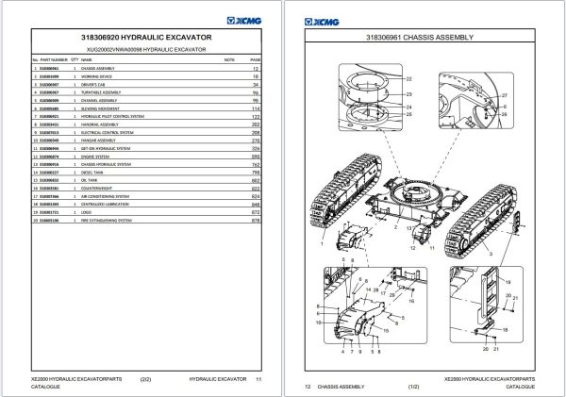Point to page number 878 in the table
click(x=254, y=221)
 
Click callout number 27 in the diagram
click(x=504, y=97)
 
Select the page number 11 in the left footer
click(x=258, y=378)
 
